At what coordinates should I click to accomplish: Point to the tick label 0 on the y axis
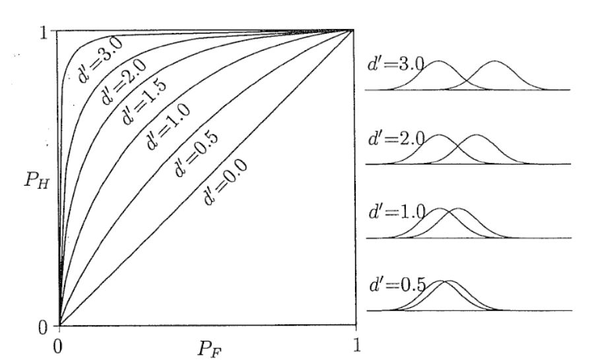tap(44, 326)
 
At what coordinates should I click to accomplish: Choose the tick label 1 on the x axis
tap(356, 345)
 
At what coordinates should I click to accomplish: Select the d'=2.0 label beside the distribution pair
tap(395, 140)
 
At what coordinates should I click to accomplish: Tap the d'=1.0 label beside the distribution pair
tap(395, 215)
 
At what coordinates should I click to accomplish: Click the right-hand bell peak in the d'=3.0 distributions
tap(496, 62)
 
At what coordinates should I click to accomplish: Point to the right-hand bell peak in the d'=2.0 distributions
tap(477, 136)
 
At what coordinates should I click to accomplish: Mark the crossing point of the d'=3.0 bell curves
tap(467, 77)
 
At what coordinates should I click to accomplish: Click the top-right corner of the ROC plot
tap(356, 30)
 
